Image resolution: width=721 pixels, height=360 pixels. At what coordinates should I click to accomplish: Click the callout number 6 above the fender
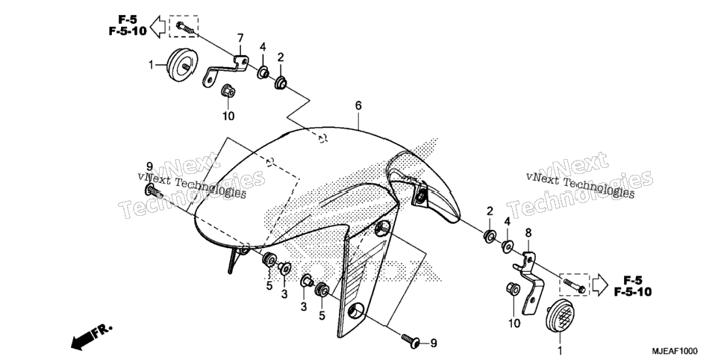coord(358,105)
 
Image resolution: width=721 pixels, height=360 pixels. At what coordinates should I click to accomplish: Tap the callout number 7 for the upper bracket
coord(240,37)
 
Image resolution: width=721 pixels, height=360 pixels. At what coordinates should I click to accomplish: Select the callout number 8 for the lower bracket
coord(528,233)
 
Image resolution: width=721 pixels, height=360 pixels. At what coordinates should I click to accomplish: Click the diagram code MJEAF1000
coord(675,350)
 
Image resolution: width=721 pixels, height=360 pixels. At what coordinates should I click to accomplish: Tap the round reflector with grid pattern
coord(560,315)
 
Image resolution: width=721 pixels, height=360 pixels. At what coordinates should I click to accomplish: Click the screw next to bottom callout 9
coord(411,341)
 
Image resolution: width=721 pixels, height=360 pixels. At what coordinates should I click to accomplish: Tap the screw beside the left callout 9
coord(154,190)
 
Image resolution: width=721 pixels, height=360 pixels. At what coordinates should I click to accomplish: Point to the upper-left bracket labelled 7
coord(225,70)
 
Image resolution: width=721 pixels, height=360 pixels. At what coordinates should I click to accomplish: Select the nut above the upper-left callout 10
coord(228,90)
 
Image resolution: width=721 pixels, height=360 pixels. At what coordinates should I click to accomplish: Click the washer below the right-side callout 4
coord(508,246)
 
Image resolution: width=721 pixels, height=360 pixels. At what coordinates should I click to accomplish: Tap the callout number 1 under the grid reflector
coord(560,351)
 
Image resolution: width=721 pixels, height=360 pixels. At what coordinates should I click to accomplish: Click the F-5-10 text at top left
coord(128,31)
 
